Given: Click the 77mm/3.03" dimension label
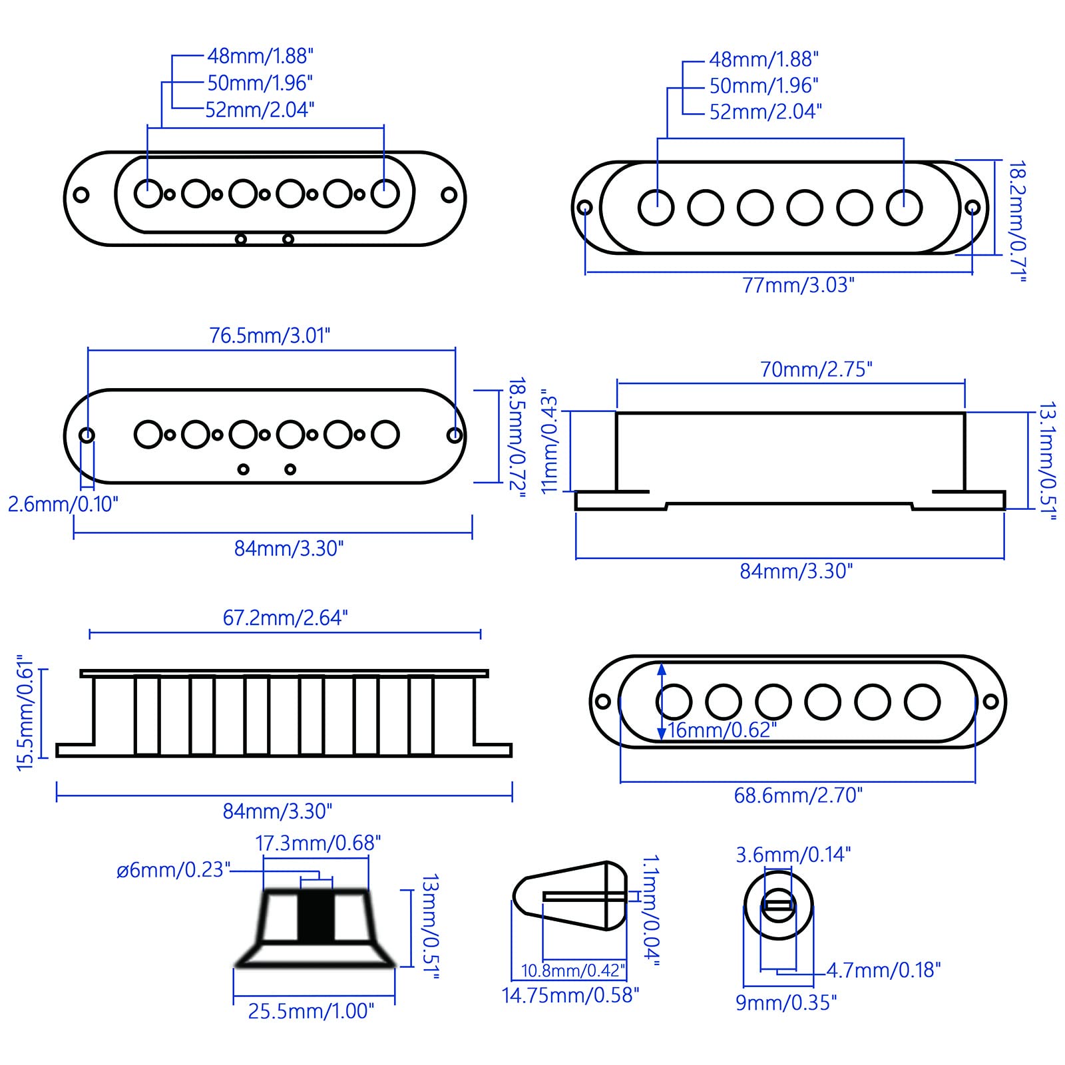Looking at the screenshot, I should coord(797,286).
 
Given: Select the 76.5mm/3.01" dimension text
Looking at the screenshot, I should coord(270,335).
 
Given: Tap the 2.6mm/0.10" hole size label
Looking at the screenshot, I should coord(63,504).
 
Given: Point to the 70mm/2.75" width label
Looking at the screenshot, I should coord(815,369).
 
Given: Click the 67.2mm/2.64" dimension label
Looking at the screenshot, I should coord(285,618).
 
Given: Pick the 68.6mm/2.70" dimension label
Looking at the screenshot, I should coord(797,795).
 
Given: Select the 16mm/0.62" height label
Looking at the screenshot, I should coord(722,730).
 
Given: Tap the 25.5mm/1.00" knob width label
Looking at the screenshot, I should coord(311,1011).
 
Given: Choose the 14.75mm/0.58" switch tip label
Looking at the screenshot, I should coord(570,995).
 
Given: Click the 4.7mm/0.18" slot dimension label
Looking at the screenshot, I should coord(883,970).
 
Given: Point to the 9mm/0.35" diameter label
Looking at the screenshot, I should coord(785,1002).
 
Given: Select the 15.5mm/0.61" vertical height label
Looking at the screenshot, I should coord(25,713).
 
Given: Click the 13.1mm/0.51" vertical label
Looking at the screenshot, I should coord(1047,461).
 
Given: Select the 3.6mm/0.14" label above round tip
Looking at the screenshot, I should coord(793,855).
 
